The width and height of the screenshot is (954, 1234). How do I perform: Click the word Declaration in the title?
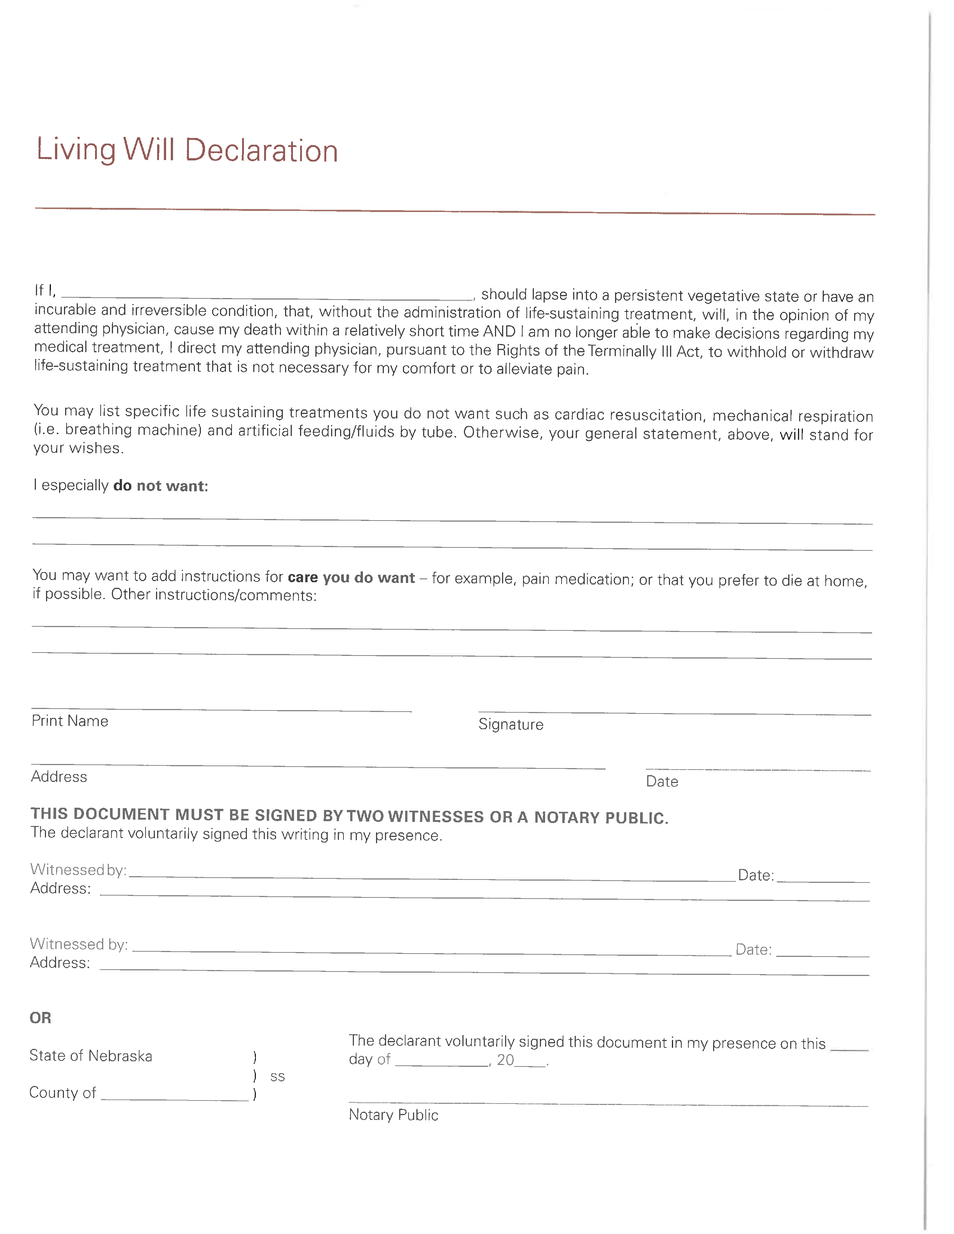(x=261, y=151)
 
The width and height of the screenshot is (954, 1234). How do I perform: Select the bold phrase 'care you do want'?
(x=351, y=577)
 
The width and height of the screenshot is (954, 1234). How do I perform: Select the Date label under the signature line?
(x=662, y=782)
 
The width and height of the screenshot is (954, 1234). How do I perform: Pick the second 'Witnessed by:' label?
(x=79, y=944)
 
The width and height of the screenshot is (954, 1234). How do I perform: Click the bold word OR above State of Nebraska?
(x=40, y=1018)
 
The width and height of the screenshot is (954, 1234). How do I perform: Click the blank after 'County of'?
(x=175, y=1096)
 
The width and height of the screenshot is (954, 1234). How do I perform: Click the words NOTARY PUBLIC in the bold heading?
(x=601, y=817)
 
